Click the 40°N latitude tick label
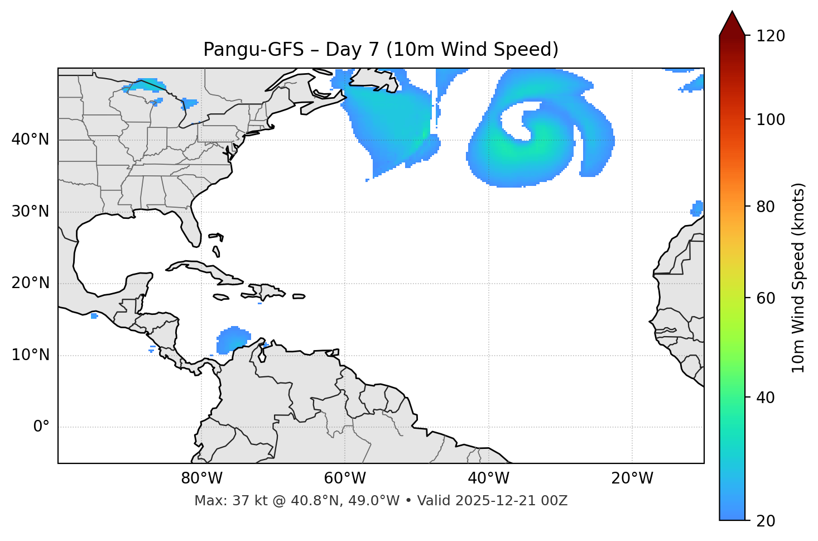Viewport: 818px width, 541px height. click(30, 140)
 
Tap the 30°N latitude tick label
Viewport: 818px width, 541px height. click(30, 212)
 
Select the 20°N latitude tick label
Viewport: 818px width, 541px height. click(30, 283)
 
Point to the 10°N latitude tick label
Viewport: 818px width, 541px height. click(30, 355)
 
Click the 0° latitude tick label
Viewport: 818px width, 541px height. click(41, 427)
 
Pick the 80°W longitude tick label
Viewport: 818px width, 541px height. click(201, 478)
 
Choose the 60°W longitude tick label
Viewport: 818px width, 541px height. click(345, 478)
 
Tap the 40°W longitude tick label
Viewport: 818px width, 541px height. click(488, 478)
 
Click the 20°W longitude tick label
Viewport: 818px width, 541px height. click(632, 478)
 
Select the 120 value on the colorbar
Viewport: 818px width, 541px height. click(771, 36)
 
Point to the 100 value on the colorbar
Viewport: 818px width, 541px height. click(771, 119)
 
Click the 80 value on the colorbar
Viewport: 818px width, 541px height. click(766, 207)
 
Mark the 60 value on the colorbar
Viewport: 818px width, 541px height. click(766, 298)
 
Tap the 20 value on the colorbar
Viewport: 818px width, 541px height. click(766, 521)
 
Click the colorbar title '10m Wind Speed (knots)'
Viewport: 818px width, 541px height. click(798, 277)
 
